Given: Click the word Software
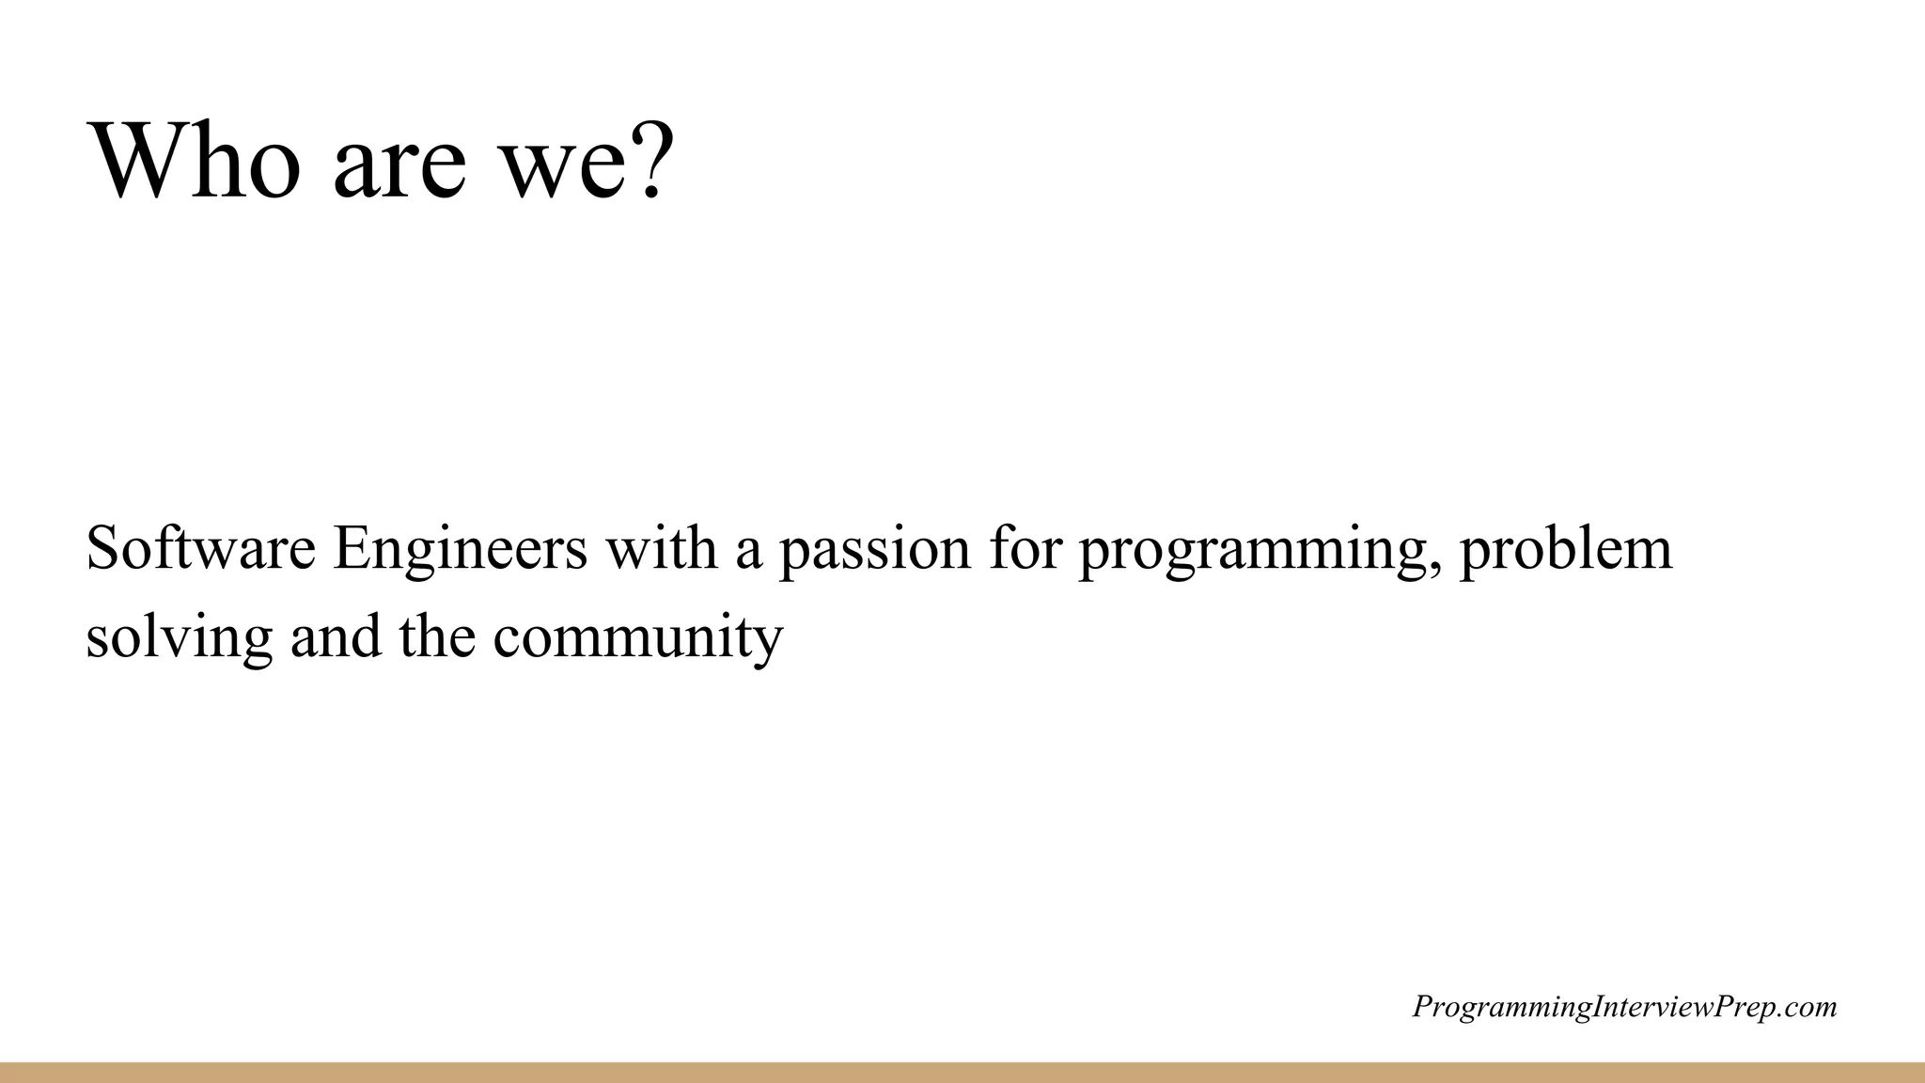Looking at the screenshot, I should click(x=200, y=548).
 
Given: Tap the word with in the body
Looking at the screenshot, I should click(x=661, y=548).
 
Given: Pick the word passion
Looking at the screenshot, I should click(x=874, y=553).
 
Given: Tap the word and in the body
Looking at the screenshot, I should click(x=336, y=636).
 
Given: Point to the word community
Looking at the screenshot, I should click(x=637, y=639).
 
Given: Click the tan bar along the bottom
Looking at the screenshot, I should click(x=962, y=1073).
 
